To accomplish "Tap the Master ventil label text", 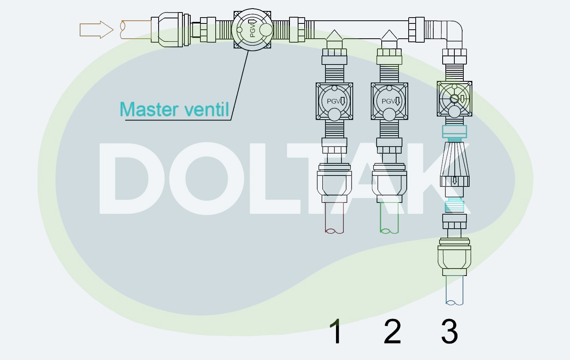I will point(174,109).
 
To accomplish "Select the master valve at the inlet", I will point(252,30).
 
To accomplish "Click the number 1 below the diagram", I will point(336,331).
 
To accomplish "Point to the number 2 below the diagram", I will point(392,331).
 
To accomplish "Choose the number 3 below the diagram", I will point(449,331).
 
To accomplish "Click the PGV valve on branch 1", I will point(334,101).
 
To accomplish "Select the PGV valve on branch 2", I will point(389,101).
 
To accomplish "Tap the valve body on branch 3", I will point(454,99).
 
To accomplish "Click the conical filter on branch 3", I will point(454,160).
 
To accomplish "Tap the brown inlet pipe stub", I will point(135,30).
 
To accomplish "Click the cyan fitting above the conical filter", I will point(454,132).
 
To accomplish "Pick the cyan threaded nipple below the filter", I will point(454,205).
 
